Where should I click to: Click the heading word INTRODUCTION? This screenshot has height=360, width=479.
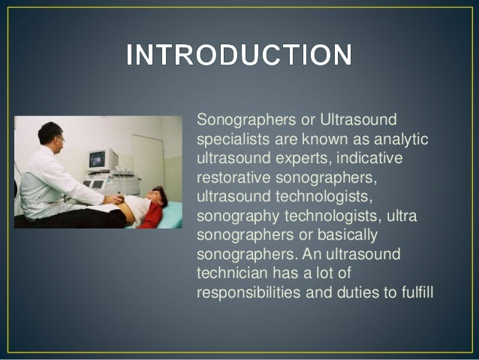pos(239,56)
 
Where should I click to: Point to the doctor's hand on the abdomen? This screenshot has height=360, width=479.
pos(113,200)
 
